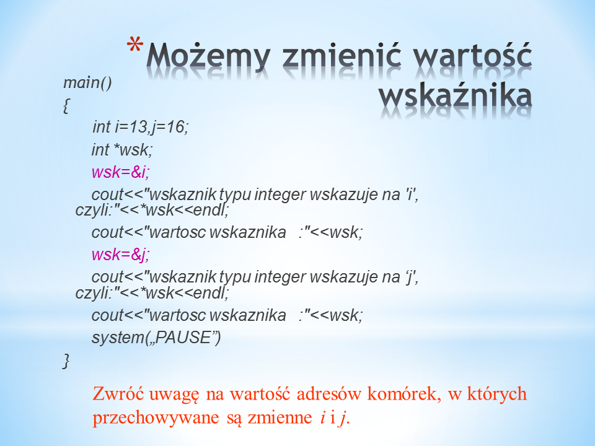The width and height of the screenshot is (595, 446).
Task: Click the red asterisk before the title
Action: (135, 45)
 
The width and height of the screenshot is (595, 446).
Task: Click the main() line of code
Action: (87, 82)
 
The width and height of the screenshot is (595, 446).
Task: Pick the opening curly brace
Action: (66, 105)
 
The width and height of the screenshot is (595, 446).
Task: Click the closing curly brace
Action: (66, 361)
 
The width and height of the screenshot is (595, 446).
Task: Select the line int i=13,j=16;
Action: (141, 126)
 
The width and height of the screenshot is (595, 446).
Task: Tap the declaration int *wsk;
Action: (122, 149)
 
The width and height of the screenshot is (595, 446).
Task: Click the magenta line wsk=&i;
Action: (121, 172)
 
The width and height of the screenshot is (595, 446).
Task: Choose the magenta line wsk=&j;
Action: (121, 254)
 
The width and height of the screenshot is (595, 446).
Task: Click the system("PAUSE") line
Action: (156, 337)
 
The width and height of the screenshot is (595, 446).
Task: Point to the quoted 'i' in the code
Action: (409, 194)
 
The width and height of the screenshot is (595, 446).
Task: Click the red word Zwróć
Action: (118, 393)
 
